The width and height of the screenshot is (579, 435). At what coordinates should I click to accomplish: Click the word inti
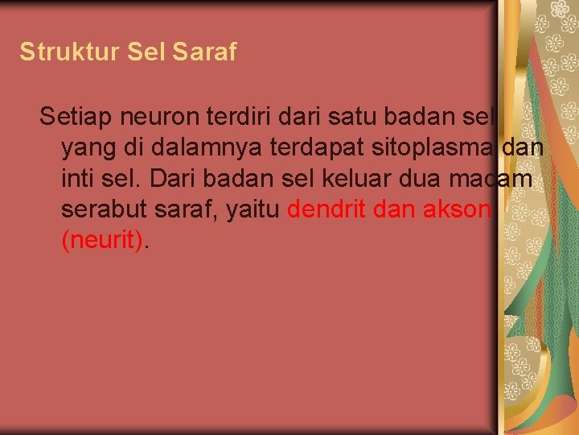[x=78, y=179]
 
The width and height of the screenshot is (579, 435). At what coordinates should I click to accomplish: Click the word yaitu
[x=250, y=210]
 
